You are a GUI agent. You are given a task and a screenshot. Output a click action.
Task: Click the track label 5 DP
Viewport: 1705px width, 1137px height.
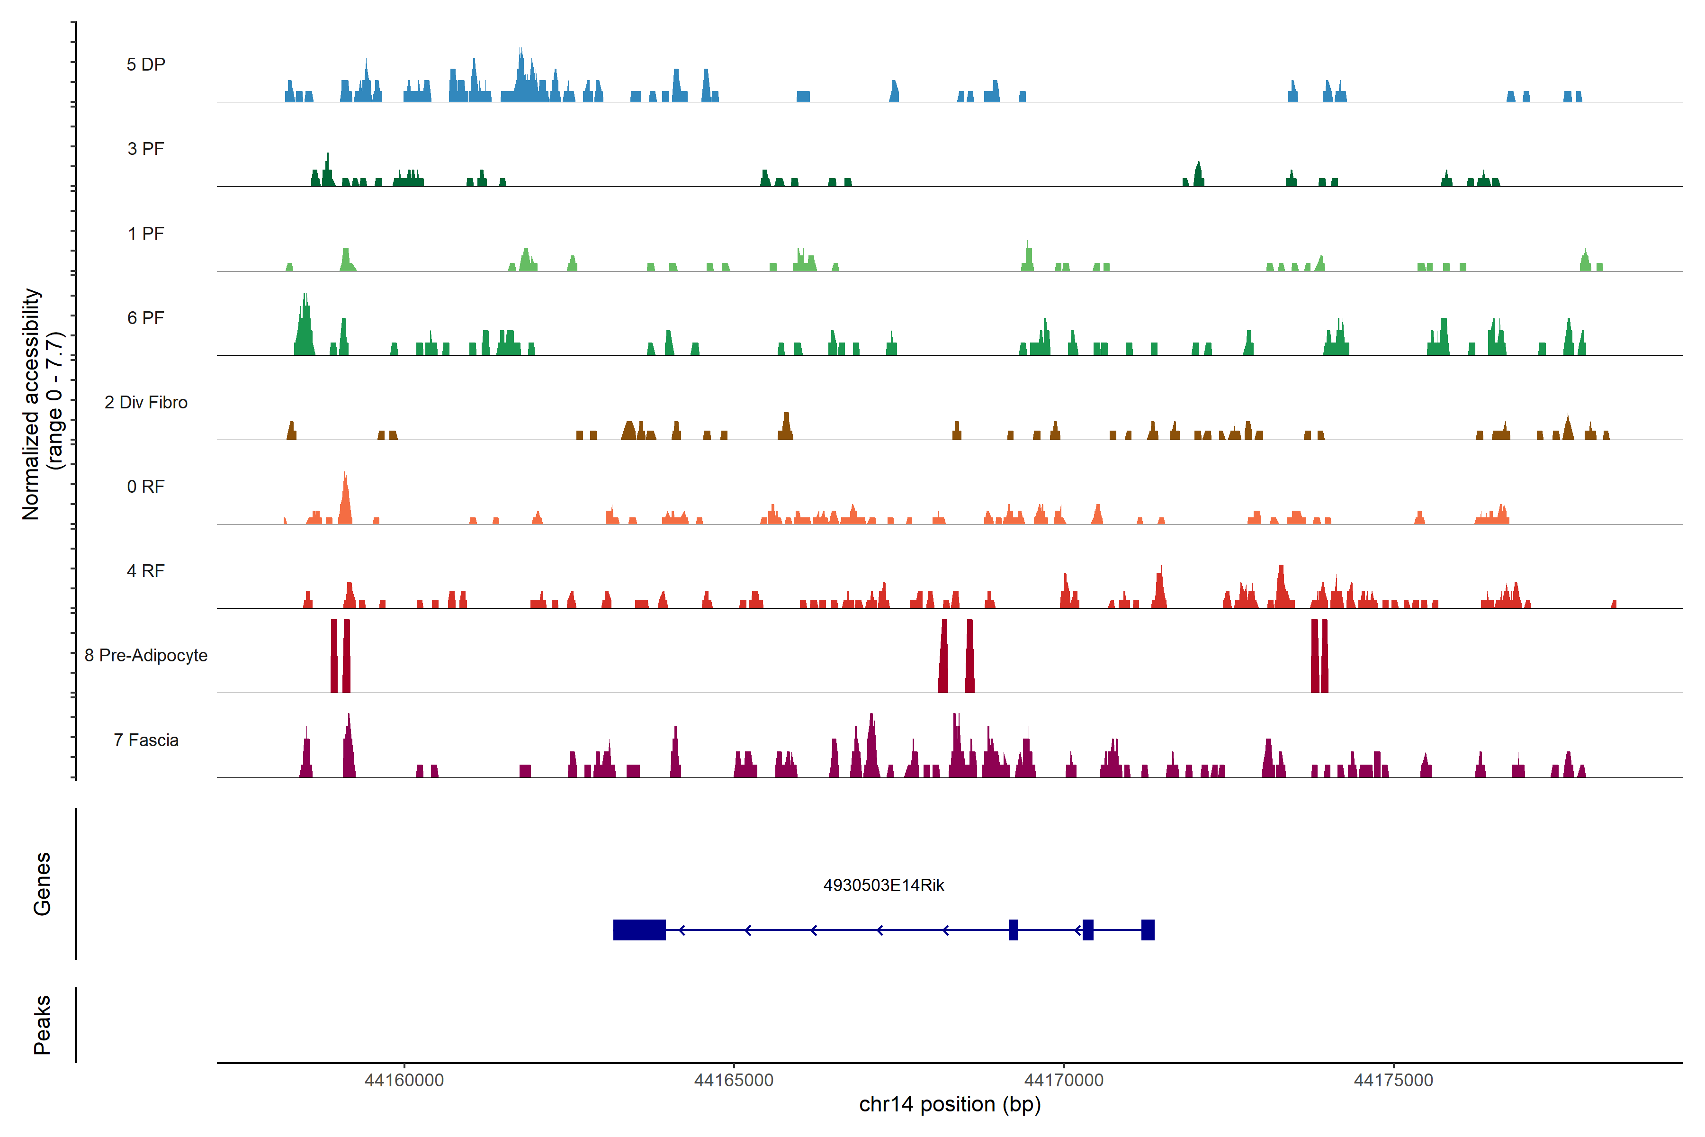coord(146,64)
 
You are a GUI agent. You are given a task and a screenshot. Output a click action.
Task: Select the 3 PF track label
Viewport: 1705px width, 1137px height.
coord(146,149)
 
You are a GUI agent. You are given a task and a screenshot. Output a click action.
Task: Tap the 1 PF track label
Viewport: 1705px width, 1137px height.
coord(146,234)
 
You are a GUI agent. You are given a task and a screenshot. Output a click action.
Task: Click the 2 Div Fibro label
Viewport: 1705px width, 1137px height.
coord(146,402)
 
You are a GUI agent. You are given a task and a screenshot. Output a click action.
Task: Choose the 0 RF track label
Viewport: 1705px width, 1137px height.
coord(146,487)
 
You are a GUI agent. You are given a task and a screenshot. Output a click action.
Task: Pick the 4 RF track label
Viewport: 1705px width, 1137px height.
coord(146,571)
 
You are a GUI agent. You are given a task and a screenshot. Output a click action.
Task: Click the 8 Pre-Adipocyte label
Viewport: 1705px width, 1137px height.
coord(146,656)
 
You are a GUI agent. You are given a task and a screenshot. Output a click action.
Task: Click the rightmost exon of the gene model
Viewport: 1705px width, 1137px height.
coord(1148,929)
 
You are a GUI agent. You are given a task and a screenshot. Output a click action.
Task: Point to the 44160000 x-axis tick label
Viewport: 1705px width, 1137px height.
coord(404,1081)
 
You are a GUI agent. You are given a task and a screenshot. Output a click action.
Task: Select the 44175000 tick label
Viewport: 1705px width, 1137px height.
coord(1393,1081)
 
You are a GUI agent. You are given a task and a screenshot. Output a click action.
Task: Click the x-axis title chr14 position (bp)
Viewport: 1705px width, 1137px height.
coord(950,1104)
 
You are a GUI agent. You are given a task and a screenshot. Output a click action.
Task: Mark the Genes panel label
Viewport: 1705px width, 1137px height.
coord(42,884)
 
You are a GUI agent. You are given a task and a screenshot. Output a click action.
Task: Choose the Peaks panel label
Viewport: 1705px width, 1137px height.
coord(42,1025)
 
